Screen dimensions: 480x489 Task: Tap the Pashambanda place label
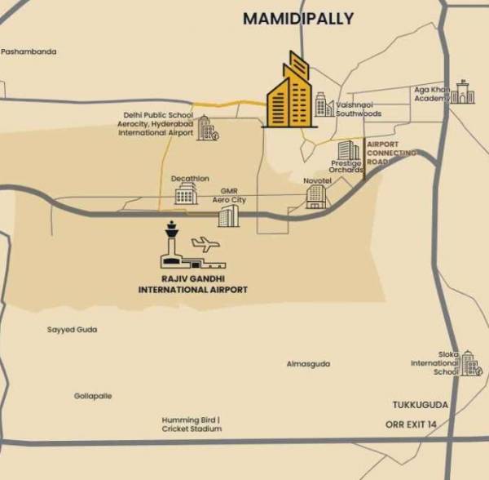[29, 51]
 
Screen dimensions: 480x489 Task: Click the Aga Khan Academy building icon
[465, 92]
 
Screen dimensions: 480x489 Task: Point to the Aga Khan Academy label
[432, 94]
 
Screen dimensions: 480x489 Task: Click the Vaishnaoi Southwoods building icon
[324, 105]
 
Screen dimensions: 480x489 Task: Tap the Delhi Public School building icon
[206, 129]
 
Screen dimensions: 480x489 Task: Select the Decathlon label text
[190, 178]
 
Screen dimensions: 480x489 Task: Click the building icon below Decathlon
[186, 194]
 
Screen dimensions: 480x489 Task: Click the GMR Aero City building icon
[229, 216]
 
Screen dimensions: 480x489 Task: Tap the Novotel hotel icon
[315, 196]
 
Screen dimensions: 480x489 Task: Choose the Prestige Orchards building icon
[349, 151]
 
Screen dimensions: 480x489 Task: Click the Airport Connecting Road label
[390, 153]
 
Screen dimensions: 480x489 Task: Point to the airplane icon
[205, 243]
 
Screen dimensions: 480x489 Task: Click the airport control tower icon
[170, 243]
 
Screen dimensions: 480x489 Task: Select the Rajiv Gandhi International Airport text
[193, 284]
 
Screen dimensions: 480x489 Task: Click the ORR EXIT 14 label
[412, 424]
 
